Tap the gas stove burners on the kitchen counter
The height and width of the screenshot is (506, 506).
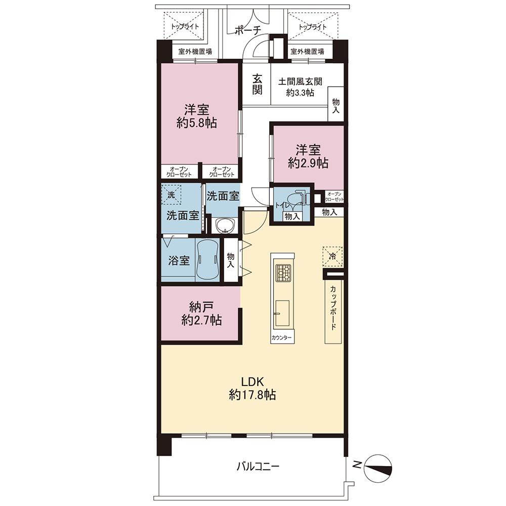[x=283, y=272]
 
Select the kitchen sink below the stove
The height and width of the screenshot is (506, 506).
[x=282, y=313]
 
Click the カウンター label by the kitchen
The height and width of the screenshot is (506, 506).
[x=282, y=338]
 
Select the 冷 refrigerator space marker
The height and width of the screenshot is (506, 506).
[x=332, y=257]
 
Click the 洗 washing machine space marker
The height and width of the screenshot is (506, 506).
[x=171, y=195]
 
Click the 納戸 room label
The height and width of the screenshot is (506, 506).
[x=201, y=307]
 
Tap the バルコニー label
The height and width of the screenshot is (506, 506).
[x=258, y=466]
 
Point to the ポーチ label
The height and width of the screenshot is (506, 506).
[x=247, y=30]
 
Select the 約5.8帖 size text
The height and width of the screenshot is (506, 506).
[x=197, y=123]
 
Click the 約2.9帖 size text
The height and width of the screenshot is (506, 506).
[x=308, y=163]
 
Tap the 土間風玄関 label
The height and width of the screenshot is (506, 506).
[x=300, y=81]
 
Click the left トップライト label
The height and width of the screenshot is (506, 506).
[x=185, y=26]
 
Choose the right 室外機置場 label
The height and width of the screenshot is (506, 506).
[x=307, y=51]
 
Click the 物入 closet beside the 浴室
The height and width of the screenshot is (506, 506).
[x=231, y=260]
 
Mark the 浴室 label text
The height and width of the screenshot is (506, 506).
[x=179, y=261]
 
